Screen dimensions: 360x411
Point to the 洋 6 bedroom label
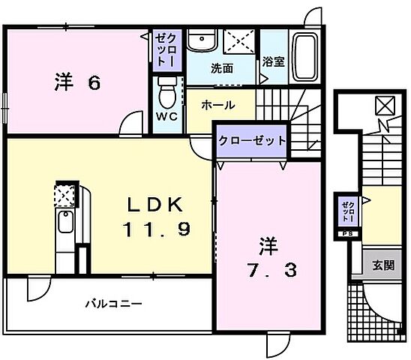click(x=76, y=82)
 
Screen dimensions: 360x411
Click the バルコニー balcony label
click(x=112, y=304)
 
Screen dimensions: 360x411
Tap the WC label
click(x=166, y=116)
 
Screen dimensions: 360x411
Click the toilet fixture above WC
click(x=167, y=91)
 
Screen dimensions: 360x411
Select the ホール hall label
click(x=217, y=106)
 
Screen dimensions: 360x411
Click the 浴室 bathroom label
click(x=274, y=62)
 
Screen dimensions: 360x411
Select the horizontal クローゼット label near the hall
click(x=252, y=141)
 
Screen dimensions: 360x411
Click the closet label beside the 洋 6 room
click(x=163, y=50)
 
